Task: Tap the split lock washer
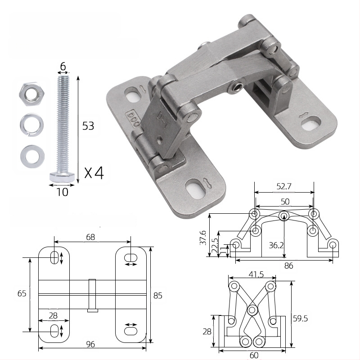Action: tap(31, 125)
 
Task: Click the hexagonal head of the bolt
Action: tap(62, 177)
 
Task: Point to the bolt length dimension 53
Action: tap(88, 126)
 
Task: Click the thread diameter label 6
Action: tap(63, 66)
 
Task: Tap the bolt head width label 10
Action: tap(62, 192)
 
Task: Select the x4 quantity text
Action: tap(94, 173)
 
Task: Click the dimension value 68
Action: tap(90, 237)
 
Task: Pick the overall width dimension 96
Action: tap(90, 344)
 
